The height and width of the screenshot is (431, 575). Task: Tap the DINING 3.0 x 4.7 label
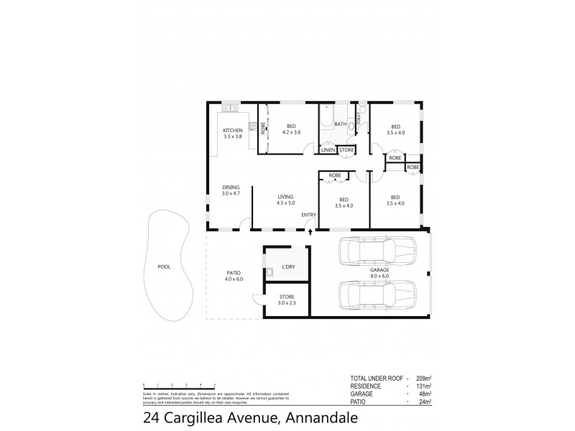point(230,190)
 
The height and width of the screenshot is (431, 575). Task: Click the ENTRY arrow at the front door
point(310,231)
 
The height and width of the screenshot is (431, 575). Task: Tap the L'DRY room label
point(288,267)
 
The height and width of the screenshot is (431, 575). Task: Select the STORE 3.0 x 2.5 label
point(286,300)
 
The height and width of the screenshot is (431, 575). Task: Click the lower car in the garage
point(377,295)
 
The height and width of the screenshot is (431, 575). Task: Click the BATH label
point(340,124)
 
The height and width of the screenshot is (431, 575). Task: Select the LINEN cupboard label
point(328,150)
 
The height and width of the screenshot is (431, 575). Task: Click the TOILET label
point(357,117)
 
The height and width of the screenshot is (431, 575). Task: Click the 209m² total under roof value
point(422,377)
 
